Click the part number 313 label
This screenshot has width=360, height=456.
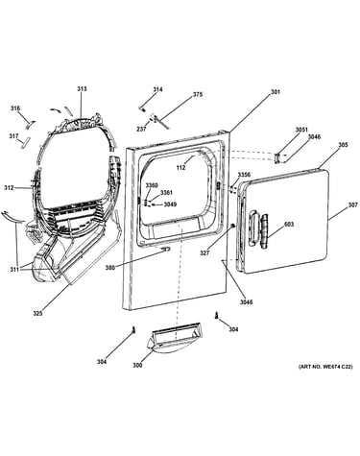tap(82, 89)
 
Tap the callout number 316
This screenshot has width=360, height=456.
tap(15, 108)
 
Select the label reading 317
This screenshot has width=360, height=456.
tap(13, 136)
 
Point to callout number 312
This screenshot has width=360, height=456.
tap(9, 188)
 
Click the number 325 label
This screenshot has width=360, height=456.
tap(37, 314)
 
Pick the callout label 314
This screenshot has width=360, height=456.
tap(157, 89)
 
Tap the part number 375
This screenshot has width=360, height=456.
tap(198, 95)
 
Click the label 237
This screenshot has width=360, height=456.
tap(141, 130)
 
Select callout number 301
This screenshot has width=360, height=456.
tap(276, 92)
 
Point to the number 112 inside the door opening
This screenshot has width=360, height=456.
tap(180, 167)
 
